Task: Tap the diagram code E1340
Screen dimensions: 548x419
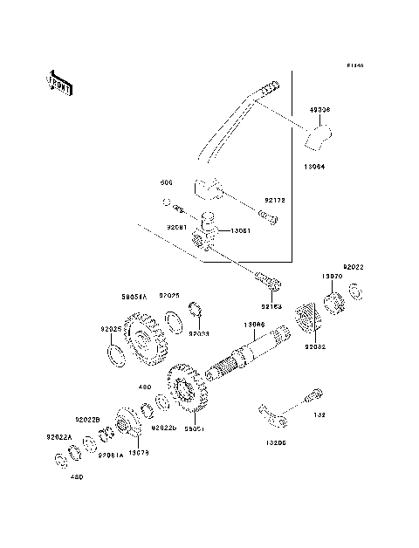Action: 354,65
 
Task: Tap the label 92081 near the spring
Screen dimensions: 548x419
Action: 179,226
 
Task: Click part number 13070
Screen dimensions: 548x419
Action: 331,276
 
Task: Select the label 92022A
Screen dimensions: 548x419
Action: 58,437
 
